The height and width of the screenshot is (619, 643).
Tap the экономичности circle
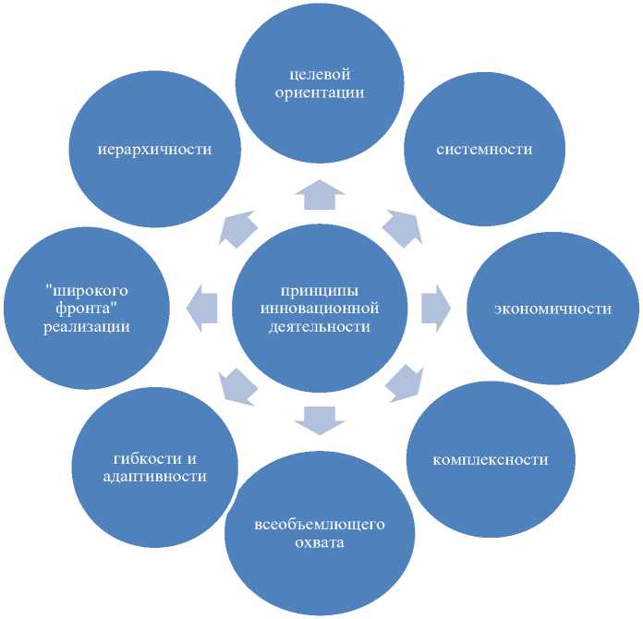(x=552, y=309)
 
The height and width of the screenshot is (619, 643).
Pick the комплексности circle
(x=490, y=459)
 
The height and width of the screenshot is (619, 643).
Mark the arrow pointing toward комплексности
(x=403, y=382)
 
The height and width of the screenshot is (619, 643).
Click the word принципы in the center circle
(x=320, y=290)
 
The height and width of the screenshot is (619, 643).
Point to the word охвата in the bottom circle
(x=319, y=542)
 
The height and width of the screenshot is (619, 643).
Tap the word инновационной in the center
(x=320, y=308)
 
